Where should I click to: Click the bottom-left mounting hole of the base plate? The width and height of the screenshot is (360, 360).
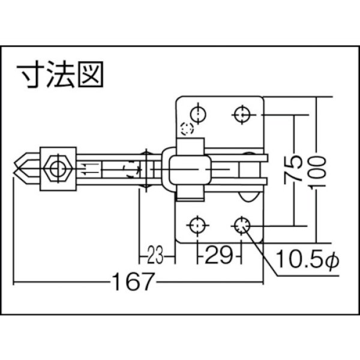(196, 226)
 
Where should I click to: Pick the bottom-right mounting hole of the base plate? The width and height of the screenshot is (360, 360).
(242, 226)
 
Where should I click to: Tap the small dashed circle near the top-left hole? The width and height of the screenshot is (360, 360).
(187, 128)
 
